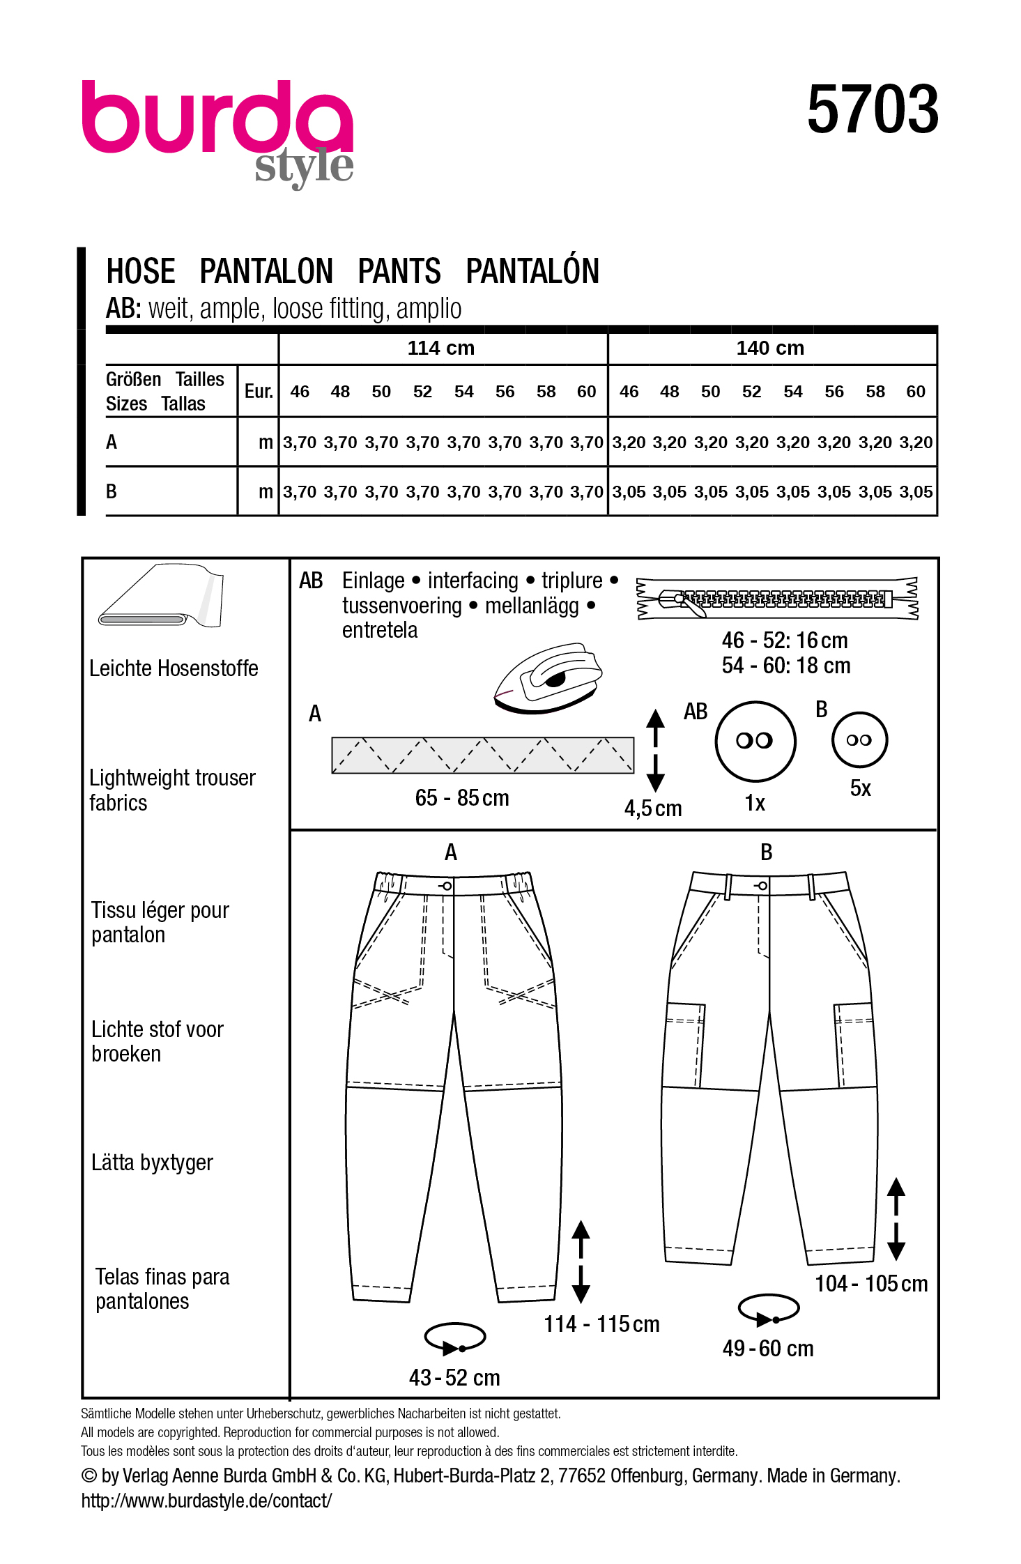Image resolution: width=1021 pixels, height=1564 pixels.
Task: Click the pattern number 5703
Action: tap(873, 110)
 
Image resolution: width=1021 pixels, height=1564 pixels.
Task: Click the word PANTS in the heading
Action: tap(399, 271)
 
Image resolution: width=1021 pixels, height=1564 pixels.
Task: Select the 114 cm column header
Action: tap(440, 348)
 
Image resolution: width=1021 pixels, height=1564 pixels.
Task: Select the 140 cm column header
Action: tap(770, 348)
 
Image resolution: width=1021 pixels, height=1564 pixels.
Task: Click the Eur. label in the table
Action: tap(258, 392)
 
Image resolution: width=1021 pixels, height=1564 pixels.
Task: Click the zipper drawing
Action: tap(777, 599)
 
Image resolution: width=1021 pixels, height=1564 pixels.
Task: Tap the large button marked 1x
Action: tap(755, 741)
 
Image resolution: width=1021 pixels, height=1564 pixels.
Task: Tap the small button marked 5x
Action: tap(859, 740)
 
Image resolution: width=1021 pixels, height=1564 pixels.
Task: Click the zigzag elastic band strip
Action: tap(482, 756)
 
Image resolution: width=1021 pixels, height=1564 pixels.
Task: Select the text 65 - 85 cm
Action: tap(462, 798)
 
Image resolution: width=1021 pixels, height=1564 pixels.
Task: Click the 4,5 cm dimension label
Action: tap(653, 808)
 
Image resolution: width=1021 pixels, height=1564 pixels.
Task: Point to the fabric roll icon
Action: tap(162, 597)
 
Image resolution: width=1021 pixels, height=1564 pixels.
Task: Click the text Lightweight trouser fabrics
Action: tap(171, 790)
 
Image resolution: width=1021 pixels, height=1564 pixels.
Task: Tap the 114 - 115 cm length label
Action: tap(601, 1324)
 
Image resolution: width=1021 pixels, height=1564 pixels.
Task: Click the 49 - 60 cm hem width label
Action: tap(768, 1349)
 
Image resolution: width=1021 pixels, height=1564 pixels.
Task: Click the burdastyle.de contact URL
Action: tap(206, 1501)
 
